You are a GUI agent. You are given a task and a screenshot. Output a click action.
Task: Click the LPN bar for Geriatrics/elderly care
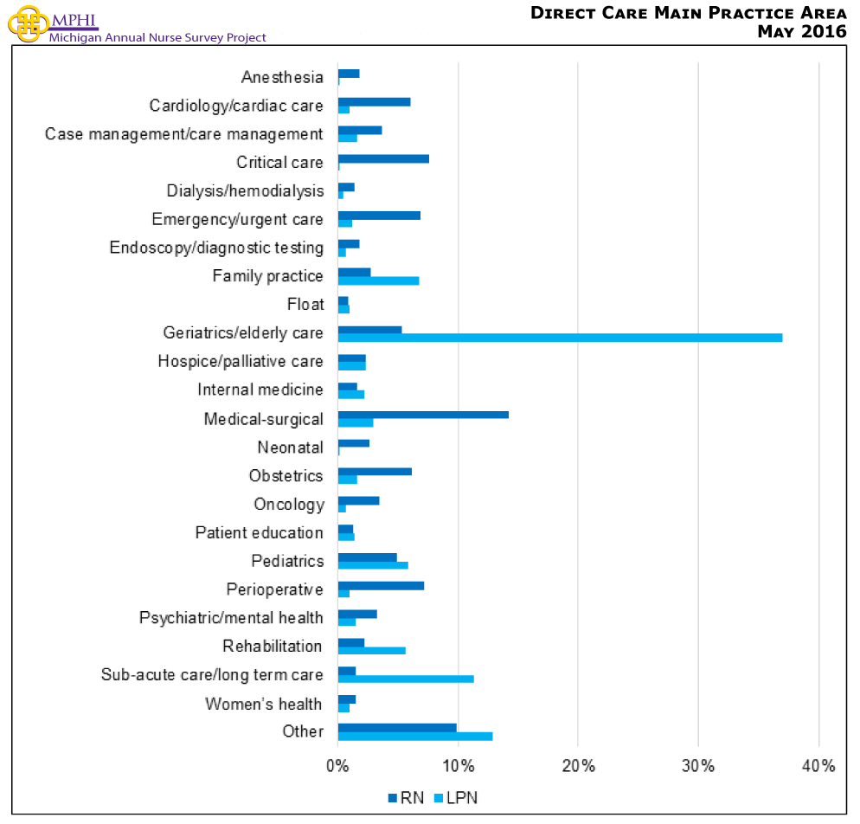click(x=560, y=338)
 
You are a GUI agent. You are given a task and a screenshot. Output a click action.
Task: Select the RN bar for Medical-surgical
click(x=423, y=415)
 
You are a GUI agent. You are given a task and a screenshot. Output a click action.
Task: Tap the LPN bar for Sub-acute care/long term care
click(x=406, y=679)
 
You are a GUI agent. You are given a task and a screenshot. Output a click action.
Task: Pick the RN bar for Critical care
click(x=383, y=158)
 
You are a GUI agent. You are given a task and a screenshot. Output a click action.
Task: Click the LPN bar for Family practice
click(x=378, y=280)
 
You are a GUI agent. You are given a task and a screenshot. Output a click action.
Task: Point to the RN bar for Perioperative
click(x=381, y=585)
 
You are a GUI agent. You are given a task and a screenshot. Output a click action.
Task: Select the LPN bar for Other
click(x=415, y=736)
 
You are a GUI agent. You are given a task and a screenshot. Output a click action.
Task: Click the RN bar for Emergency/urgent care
click(x=379, y=215)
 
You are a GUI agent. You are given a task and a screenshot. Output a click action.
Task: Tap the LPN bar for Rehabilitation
click(x=371, y=650)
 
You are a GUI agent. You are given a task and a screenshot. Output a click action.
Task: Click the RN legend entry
click(x=406, y=797)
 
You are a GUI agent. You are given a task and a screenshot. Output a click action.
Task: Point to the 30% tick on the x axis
click(x=698, y=766)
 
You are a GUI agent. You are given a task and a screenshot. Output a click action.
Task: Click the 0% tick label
click(x=337, y=766)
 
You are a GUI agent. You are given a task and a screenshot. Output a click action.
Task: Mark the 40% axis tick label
click(x=818, y=766)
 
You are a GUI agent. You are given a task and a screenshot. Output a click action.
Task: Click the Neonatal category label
click(x=290, y=447)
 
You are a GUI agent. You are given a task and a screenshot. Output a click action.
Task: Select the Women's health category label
click(x=263, y=704)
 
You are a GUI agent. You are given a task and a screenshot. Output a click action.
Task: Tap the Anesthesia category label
click(x=282, y=78)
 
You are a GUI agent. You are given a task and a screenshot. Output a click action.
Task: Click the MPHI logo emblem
click(x=25, y=22)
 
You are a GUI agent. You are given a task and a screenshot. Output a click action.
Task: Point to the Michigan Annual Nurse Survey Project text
click(x=157, y=37)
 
